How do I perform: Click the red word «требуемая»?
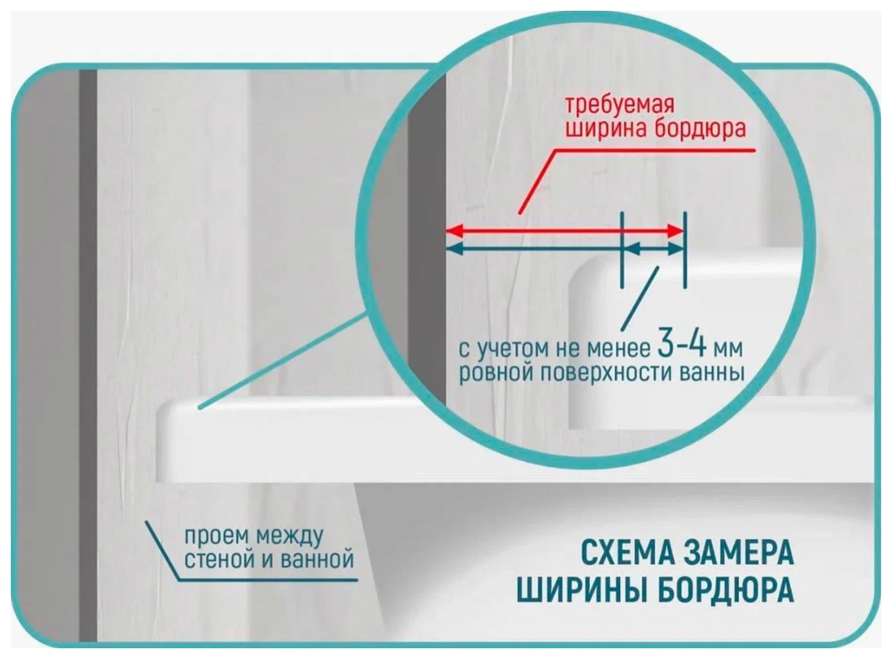click(x=618, y=105)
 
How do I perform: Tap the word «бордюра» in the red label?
click(x=700, y=130)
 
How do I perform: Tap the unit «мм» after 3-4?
click(x=727, y=349)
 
